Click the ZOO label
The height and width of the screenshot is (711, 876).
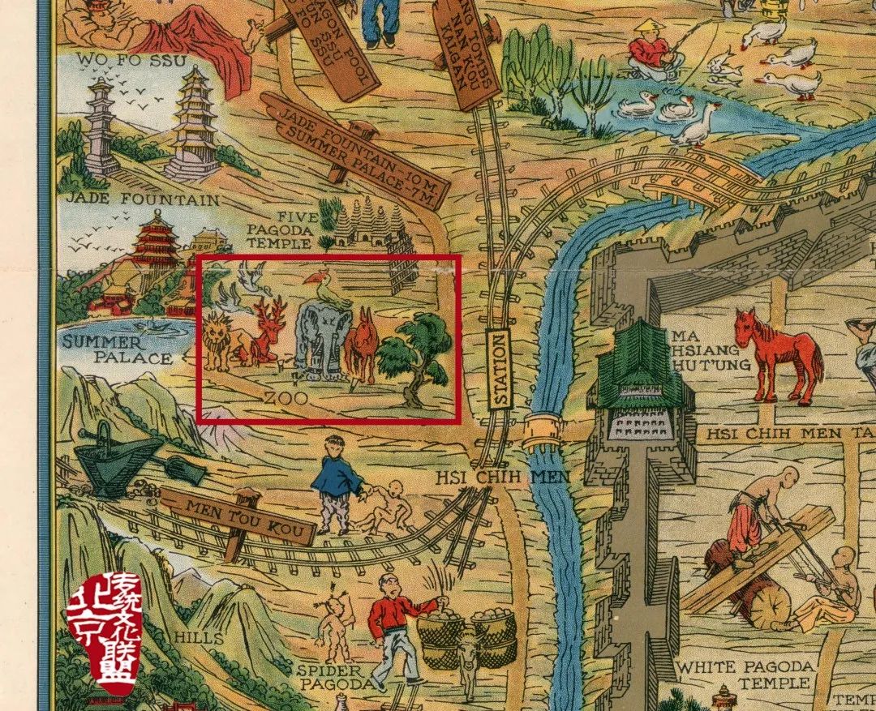pos(286,398)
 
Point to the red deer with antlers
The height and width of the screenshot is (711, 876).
pos(266,332)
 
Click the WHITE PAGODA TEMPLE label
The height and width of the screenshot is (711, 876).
pos(744,674)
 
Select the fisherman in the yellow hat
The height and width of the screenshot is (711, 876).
pos(649,48)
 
